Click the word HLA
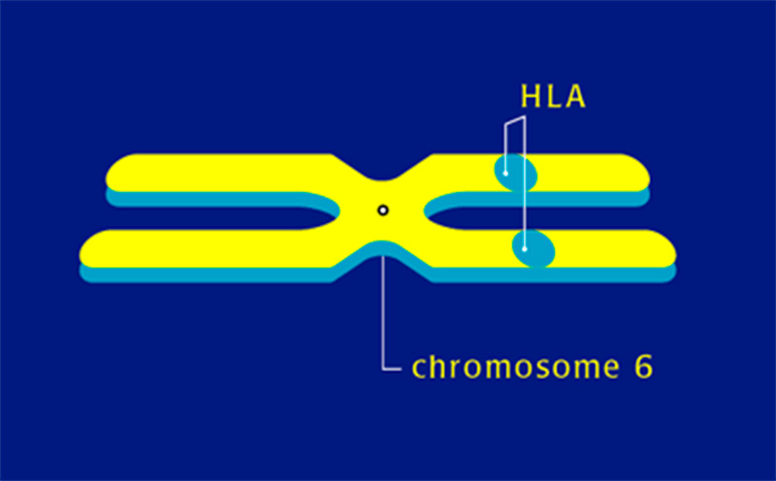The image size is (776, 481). click(x=552, y=97)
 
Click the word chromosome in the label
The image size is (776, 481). click(x=511, y=368)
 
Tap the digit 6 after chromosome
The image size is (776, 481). click(x=642, y=367)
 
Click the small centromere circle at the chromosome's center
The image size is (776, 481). click(x=383, y=209)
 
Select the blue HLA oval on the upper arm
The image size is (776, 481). click(x=516, y=173)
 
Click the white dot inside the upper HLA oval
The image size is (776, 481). click(x=506, y=172)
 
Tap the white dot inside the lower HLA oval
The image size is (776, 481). click(x=526, y=249)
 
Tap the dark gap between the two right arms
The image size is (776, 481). click(x=543, y=215)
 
